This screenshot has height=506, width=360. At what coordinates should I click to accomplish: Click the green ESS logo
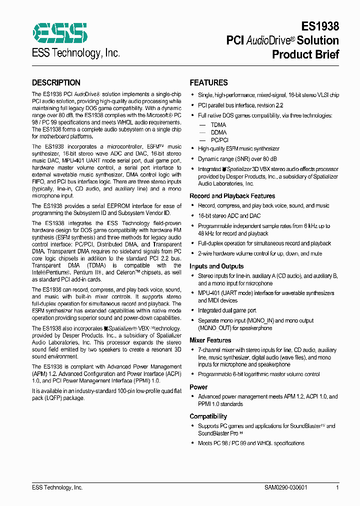[59, 32]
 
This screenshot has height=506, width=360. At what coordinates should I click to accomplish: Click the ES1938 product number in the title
[320, 26]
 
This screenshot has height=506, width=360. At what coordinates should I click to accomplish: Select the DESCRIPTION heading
[56, 83]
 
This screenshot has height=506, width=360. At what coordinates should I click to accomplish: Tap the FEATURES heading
[208, 83]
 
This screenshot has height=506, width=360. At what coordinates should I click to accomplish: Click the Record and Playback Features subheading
[232, 196]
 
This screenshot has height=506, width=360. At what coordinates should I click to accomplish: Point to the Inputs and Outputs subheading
[216, 266]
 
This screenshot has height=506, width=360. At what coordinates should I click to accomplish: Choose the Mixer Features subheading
[210, 340]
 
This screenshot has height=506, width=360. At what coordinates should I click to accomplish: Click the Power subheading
[198, 387]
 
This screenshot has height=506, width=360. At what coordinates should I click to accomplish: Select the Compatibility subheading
[208, 416]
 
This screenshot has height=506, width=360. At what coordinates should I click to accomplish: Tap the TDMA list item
[218, 125]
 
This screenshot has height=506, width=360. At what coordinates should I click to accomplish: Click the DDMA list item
[218, 132]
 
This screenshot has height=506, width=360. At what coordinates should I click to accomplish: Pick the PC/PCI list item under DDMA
[219, 140]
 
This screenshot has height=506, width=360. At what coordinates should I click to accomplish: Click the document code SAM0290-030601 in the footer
[285, 487]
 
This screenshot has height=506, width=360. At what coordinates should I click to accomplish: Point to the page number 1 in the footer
[337, 487]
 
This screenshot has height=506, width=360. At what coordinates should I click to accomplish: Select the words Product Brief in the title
[305, 54]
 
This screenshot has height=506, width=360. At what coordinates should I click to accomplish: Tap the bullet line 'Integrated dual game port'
[227, 310]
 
